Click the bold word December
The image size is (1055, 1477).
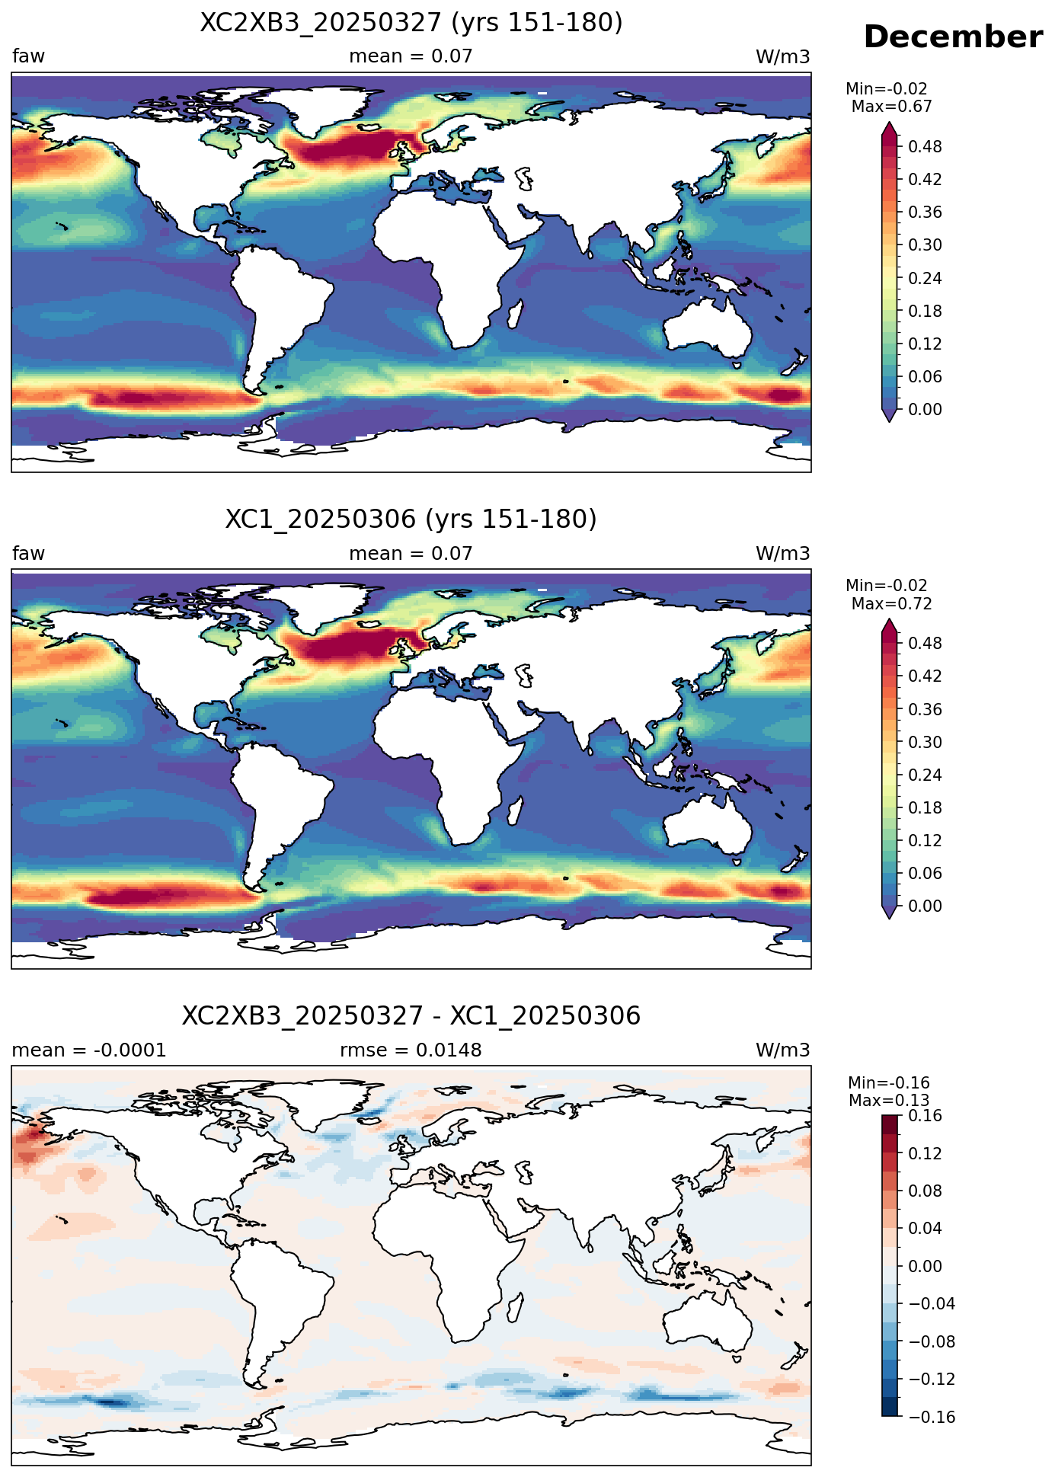[953, 37]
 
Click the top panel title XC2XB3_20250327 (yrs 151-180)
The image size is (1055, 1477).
[411, 23]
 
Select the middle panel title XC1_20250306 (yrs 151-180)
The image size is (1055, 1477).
[411, 520]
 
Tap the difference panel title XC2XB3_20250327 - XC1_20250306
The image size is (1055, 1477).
[411, 1016]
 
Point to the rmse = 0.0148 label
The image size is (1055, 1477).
[411, 1050]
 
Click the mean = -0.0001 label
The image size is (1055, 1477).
[89, 1050]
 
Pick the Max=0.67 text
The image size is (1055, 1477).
[891, 107]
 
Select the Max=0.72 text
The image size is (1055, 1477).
[891, 604]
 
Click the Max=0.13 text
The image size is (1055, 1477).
[889, 1101]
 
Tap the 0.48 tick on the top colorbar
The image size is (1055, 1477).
[925, 146]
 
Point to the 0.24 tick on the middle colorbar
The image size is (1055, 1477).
[925, 775]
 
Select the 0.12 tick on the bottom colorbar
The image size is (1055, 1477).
[925, 1153]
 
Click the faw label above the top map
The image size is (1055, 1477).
[28, 56]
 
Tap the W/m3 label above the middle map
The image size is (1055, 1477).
[782, 554]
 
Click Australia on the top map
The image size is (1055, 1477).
[707, 328]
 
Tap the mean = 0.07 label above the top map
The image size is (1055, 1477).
[411, 56]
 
